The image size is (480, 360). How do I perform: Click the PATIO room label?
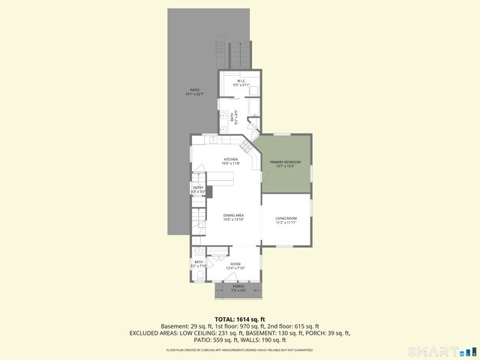tap(194, 90)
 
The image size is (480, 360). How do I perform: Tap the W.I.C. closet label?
tap(241, 80)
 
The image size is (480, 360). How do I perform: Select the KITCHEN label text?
tap(231, 159)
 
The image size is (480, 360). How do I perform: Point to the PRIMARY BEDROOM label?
tap(285, 162)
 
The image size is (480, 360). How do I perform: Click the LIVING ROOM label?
tap(286, 218)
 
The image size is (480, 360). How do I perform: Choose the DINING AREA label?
tap(233, 215)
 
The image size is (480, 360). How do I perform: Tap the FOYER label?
tap(235, 263)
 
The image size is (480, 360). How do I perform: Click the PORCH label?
tap(238, 286)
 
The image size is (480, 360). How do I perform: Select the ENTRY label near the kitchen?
tap(198, 187)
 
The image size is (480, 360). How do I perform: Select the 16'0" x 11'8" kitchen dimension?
tap(231, 163)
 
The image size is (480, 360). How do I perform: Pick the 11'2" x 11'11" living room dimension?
tap(286, 223)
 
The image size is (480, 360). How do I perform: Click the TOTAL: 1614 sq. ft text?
tap(239, 319)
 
